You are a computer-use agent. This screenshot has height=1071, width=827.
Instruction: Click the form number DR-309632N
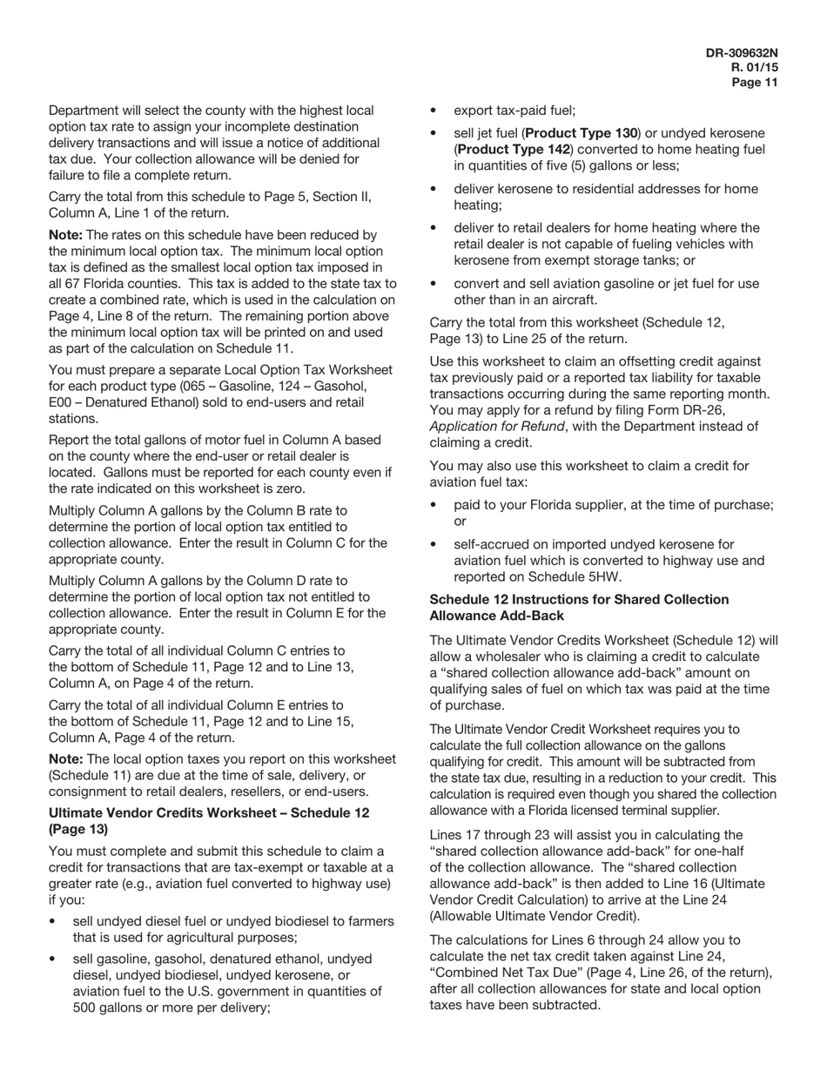(742, 52)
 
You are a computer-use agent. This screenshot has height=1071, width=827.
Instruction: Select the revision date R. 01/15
(754, 67)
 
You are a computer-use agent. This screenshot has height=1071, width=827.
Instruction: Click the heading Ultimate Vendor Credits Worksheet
(182, 812)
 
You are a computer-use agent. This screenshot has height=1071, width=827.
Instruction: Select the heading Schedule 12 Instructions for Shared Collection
(579, 599)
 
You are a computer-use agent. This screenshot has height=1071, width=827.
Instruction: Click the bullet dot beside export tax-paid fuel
(435, 111)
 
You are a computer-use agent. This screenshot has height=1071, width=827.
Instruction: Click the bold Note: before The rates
(65, 235)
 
